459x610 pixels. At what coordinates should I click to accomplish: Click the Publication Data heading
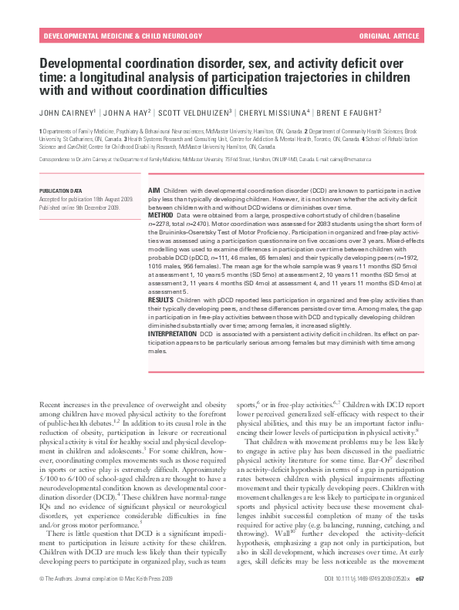[60, 189]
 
